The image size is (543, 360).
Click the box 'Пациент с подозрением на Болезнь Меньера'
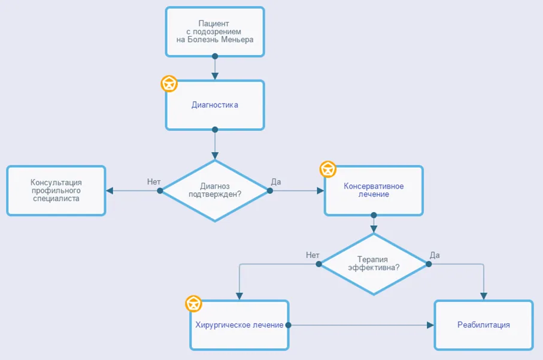click(215, 32)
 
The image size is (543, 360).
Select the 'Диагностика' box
click(215, 105)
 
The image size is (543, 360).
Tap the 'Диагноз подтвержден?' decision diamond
click(215, 190)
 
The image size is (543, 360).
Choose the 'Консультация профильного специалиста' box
click(56, 190)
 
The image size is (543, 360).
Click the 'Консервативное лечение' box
click(374, 190)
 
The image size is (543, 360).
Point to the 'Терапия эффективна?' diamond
click(374, 264)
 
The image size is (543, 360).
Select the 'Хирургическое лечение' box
click(239, 325)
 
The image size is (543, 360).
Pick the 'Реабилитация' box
click(484, 325)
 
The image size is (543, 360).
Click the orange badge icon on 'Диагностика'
click(169, 84)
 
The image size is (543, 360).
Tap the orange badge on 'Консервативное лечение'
click(328, 170)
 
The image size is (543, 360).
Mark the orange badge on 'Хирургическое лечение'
click(193, 304)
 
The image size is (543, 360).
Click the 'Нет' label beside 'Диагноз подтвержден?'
click(154, 182)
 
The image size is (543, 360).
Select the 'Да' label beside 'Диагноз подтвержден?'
click(276, 182)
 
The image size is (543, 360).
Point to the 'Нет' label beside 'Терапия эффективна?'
click(313, 255)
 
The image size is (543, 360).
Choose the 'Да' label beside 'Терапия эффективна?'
click(435, 255)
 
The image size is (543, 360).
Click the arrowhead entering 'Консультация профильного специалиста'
click(110, 190)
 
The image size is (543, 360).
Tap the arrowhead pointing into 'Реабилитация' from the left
click(430, 325)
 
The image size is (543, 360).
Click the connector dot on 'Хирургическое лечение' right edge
click(288, 325)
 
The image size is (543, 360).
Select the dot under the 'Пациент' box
click(215, 56)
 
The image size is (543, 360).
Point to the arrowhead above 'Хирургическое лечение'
click(239, 296)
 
